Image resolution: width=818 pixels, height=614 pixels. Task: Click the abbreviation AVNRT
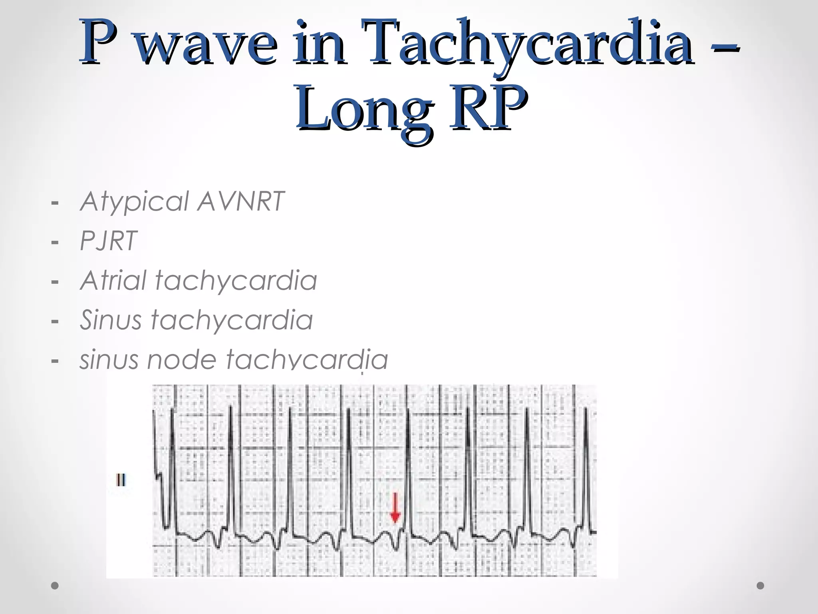point(240,201)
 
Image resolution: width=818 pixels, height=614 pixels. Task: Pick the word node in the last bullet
point(181,359)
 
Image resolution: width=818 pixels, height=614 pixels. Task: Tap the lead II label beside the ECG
point(121,480)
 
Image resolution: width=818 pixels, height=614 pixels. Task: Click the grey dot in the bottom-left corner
point(55,586)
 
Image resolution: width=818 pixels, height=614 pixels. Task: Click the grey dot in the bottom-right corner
point(760,586)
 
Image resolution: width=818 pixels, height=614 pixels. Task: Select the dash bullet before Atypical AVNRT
point(55,203)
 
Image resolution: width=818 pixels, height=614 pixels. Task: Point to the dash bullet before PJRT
point(55,242)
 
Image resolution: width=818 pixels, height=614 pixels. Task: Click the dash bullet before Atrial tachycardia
point(55,282)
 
